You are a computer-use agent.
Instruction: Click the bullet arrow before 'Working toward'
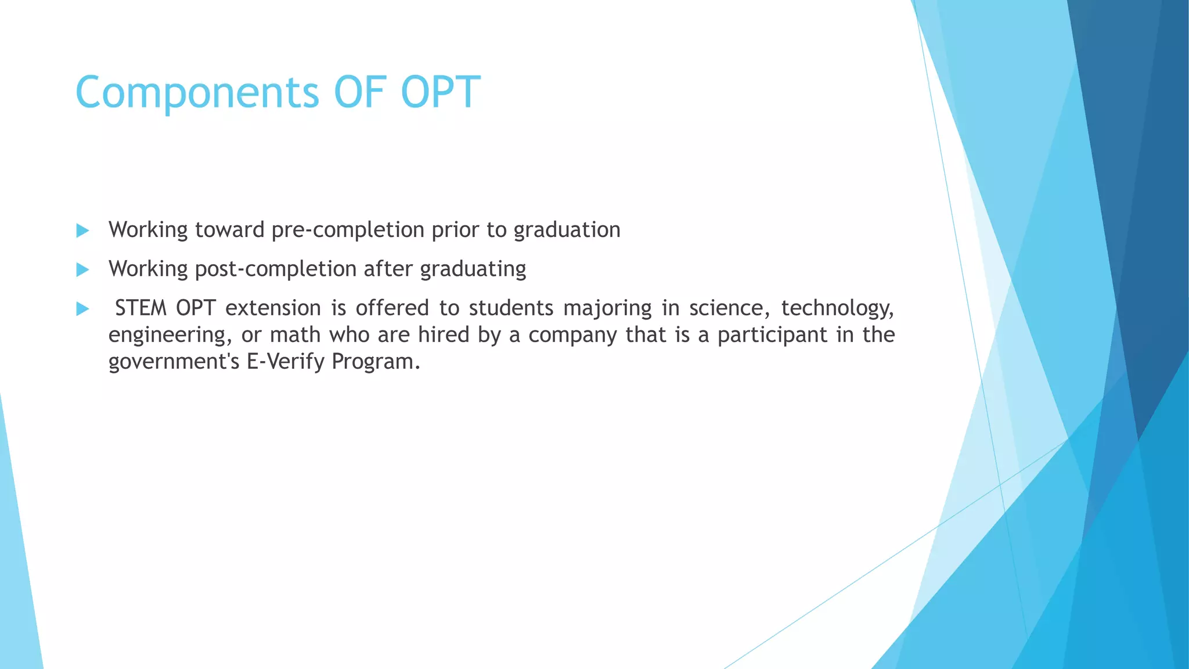(82, 231)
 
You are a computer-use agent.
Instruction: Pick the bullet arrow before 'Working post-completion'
(82, 269)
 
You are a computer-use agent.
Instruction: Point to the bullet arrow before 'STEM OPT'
(82, 308)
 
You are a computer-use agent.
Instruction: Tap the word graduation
(567, 230)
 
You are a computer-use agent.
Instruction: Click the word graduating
(473, 269)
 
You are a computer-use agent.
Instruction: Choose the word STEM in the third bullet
(140, 308)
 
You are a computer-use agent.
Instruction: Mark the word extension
(273, 308)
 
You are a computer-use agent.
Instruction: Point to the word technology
(837, 308)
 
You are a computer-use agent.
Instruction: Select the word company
(572, 335)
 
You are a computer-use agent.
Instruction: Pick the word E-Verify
(285, 361)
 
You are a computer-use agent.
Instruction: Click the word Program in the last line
(375, 361)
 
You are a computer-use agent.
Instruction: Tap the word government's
(174, 361)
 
